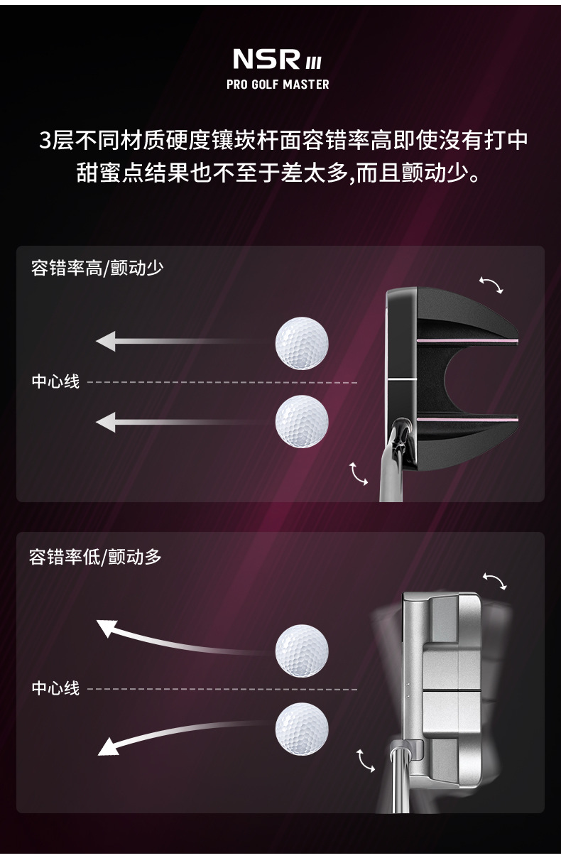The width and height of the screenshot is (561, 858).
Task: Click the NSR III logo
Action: click(x=277, y=59)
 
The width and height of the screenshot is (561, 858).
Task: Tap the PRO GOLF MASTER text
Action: click(x=278, y=85)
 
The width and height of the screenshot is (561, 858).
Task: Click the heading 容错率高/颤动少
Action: click(x=97, y=268)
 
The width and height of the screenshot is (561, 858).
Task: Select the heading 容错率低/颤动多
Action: click(x=95, y=557)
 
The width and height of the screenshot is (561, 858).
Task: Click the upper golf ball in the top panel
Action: click(x=302, y=342)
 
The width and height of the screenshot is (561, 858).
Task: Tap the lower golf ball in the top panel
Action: click(x=302, y=421)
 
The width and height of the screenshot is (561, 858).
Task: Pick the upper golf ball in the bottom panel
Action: click(x=302, y=650)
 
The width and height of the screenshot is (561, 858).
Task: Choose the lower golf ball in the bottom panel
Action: click(x=302, y=727)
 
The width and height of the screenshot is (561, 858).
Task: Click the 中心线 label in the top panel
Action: click(x=55, y=381)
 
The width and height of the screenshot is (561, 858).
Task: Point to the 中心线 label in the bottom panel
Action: click(x=55, y=688)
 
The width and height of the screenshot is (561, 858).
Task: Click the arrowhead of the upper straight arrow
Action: click(x=105, y=342)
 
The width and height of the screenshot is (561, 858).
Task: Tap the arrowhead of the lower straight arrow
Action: click(x=105, y=423)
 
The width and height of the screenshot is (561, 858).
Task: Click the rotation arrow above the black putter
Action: click(x=491, y=286)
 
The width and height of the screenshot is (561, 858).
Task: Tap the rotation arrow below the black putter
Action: click(x=359, y=474)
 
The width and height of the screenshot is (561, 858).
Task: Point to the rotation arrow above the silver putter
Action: click(x=495, y=581)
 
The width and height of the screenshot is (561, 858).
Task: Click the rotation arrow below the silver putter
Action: click(x=365, y=760)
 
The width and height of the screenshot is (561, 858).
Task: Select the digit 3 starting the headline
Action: click(x=46, y=140)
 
